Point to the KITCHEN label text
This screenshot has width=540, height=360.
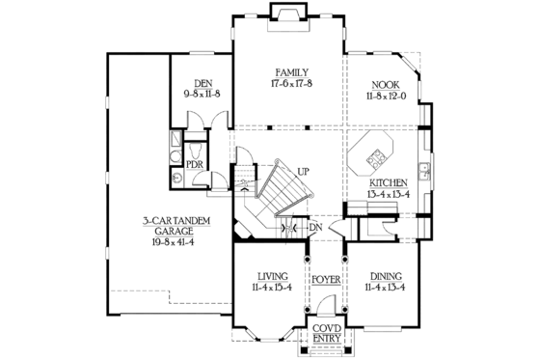click(387, 182)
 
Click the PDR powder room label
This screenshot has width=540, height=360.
click(194, 164)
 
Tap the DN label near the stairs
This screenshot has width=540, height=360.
click(314, 228)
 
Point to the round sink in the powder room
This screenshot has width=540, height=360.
click(176, 179)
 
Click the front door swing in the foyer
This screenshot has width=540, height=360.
click(326, 307)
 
